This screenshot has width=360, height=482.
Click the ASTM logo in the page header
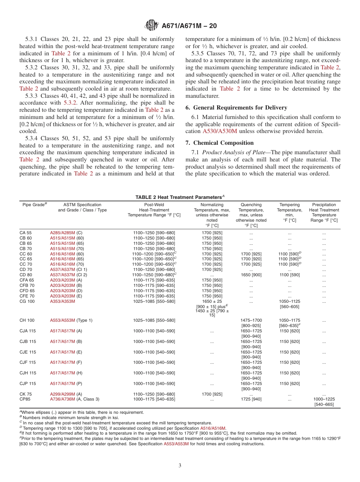click(152, 26)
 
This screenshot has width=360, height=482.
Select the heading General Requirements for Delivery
click(236, 107)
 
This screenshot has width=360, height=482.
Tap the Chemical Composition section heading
click(219, 142)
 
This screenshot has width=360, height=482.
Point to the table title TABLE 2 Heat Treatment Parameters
click(180, 197)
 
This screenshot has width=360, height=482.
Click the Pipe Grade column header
click(34, 205)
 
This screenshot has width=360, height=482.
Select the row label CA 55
click(26, 233)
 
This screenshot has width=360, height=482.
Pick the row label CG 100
click(27, 301)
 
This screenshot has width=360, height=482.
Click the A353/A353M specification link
click(63, 301)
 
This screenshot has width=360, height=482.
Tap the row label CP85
click(25, 399)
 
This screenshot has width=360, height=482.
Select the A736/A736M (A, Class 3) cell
click(75, 399)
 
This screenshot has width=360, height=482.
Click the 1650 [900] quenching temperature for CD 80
click(251, 275)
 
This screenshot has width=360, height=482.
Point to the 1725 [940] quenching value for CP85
click(251, 399)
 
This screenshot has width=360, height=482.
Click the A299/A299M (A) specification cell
click(66, 394)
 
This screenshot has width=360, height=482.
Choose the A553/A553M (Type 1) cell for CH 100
click(71, 320)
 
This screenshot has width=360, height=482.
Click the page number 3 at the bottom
click(180, 465)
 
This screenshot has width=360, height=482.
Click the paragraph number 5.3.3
click(32, 96)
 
